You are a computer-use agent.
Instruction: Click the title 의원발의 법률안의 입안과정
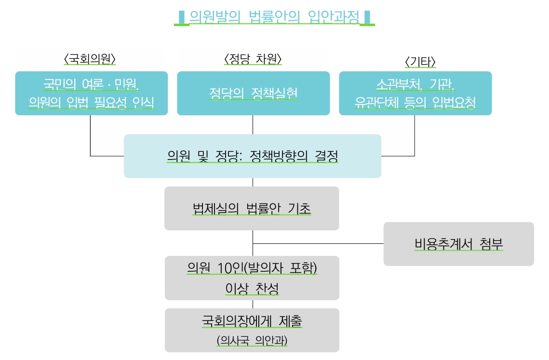click(x=274, y=16)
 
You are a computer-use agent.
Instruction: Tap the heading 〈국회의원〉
click(x=90, y=59)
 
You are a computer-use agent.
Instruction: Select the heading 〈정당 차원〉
click(x=253, y=59)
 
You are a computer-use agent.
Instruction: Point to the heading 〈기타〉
click(x=420, y=62)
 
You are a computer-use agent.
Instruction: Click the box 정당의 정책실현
click(x=254, y=93)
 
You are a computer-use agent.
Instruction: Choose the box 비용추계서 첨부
click(x=459, y=244)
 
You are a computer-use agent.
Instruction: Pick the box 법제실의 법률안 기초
click(x=252, y=208)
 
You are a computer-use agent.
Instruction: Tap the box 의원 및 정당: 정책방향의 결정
click(x=253, y=156)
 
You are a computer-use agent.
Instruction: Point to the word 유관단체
click(x=376, y=102)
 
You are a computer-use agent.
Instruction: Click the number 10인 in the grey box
click(x=230, y=268)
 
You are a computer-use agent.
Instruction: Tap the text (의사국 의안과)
click(x=252, y=340)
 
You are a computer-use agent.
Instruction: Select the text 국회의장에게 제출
click(x=252, y=321)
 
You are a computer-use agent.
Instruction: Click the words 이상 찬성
click(x=252, y=288)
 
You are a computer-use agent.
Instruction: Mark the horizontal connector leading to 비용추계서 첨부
click(x=318, y=243)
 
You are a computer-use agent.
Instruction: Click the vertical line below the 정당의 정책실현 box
click(x=253, y=125)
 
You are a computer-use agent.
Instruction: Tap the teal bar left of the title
click(x=181, y=17)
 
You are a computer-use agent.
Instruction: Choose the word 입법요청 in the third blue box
click(x=454, y=102)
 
